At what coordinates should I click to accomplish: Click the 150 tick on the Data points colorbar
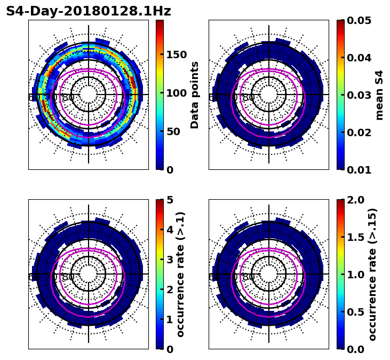pos(176,54)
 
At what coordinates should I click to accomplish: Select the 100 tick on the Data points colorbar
pos(176,93)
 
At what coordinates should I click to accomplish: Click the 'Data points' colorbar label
pos(195,95)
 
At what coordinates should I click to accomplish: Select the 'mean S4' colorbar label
pos(379,95)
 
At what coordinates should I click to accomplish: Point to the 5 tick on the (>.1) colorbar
pos(170,200)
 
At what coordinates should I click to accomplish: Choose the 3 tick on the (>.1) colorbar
pos(170,260)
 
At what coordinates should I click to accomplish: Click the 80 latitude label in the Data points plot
pos(68,98)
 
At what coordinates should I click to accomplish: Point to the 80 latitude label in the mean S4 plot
pos(249,98)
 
